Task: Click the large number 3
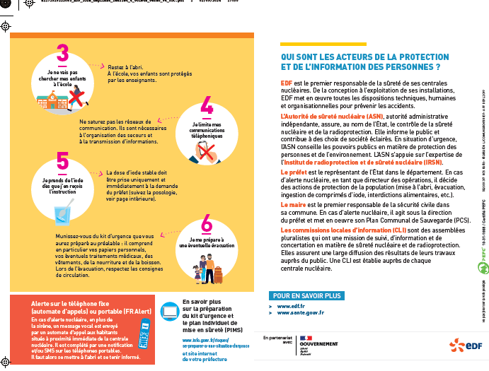[63, 54]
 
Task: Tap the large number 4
[207, 106]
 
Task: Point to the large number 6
[206, 224]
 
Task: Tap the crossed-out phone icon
[207, 151]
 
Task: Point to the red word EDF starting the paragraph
[286, 83]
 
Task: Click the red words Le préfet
[293, 172]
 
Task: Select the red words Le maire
[292, 204]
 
